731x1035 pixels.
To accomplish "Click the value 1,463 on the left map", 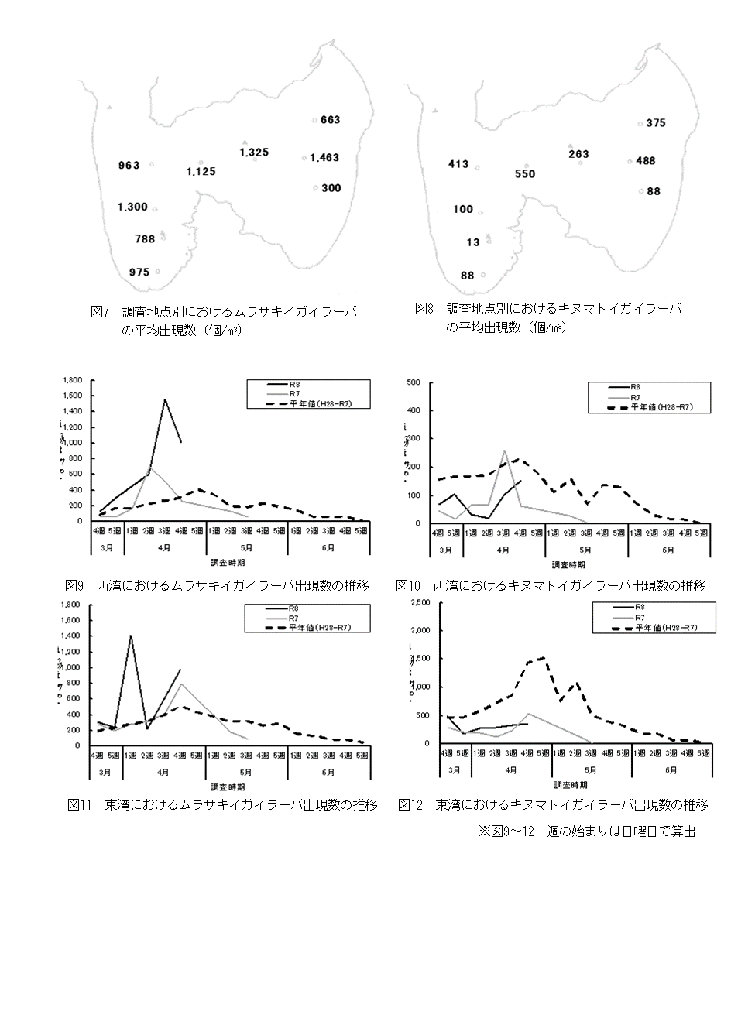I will [324, 158].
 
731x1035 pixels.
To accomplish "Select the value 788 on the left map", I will [145, 239].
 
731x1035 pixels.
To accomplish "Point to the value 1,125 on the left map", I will [201, 172].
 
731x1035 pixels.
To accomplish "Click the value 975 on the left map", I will [139, 272].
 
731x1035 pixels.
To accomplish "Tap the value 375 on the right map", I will [655, 123].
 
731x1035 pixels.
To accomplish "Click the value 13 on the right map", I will [473, 242].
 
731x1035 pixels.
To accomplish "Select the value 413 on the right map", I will [458, 164].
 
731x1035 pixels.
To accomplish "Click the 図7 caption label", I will [101, 312].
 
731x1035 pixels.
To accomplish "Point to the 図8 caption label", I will [424, 309].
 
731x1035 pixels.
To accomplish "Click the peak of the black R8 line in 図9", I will [165, 399].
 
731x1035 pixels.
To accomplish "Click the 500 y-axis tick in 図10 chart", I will [414, 382].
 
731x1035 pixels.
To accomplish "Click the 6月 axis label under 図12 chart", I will [671, 770].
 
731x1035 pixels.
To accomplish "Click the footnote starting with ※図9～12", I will [587, 831].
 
